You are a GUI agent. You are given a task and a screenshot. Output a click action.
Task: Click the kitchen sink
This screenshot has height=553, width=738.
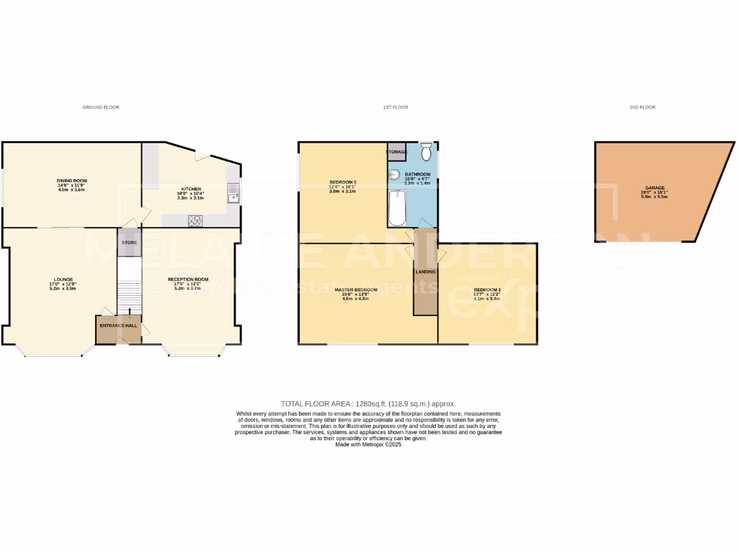coord(232,193)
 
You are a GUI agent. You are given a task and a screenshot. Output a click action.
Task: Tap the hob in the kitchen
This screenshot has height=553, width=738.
coord(195,220)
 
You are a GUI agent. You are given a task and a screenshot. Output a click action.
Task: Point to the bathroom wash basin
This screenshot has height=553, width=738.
coord(394,174)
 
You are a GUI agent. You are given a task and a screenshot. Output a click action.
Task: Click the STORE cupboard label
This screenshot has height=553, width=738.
coord(129,243)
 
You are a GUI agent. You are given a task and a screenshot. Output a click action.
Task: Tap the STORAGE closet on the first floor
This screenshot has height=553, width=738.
coord(396,152)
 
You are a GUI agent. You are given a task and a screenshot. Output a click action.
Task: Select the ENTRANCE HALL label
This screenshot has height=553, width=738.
coord(117,326)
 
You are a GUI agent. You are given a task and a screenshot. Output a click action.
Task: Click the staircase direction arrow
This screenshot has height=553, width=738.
coord(130,312)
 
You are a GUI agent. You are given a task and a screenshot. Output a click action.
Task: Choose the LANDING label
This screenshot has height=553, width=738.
coord(426,271)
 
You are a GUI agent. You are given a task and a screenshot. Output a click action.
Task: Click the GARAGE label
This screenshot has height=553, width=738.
coord(654,187)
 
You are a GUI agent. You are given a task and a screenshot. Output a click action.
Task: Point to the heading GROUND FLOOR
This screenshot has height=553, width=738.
coord(101,107)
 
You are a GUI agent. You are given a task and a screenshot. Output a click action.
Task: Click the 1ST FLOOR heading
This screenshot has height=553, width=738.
coord(396,107)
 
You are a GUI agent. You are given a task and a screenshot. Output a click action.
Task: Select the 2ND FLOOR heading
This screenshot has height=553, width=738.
coord(642,107)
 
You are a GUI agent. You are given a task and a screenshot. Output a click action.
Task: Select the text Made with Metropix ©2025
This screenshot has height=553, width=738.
coord(368,445)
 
